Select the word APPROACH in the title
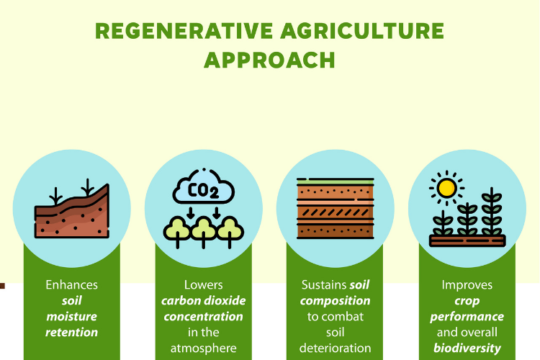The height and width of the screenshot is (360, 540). (269, 60)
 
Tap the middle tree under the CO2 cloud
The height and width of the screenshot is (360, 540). (204, 229)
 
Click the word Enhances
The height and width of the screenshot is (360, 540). (72, 285)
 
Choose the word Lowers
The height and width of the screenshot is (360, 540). (204, 285)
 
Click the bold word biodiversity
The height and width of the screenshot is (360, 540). (467, 348)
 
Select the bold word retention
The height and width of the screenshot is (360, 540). (72, 333)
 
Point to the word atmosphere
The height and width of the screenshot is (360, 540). (204, 348)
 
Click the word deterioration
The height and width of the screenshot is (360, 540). (336, 348)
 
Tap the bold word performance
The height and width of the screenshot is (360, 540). (467, 317)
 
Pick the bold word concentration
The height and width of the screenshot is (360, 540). (204, 317)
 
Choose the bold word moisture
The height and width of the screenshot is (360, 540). (72, 317)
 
